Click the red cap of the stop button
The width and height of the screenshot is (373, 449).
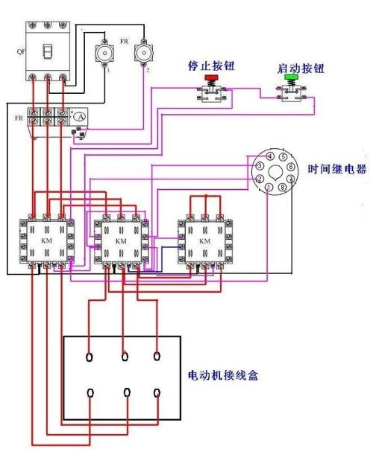[211, 78]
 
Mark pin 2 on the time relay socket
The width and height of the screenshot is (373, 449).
[258, 179]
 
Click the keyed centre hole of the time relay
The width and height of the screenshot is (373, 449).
[272, 173]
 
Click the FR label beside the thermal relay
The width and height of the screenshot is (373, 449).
[19, 117]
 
